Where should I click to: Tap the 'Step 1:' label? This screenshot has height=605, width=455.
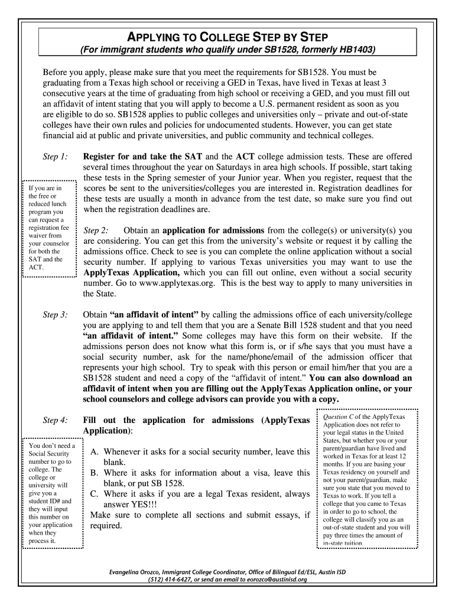(55, 157)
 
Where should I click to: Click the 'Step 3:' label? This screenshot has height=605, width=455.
(55, 315)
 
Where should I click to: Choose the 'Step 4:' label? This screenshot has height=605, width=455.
(55, 420)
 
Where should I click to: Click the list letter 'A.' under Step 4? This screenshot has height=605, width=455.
(95, 452)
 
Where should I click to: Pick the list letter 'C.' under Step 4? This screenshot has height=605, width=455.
(94, 494)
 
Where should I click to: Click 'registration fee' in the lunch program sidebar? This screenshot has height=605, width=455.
(48, 227)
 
